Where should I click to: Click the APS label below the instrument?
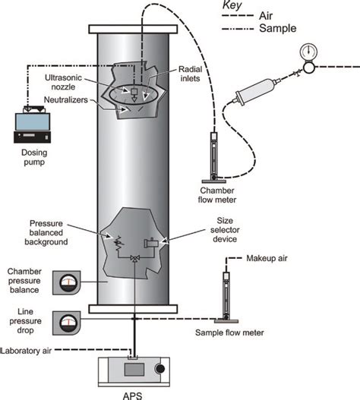pos(132,395)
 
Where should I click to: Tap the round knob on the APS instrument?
pos(159,369)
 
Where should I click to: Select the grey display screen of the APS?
pos(134,370)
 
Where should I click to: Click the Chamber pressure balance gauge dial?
pos(68,283)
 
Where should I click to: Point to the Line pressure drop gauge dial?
pos(68,323)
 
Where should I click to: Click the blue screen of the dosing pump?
pos(33,122)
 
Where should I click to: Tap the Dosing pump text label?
pos(34,157)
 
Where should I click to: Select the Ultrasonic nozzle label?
pos(63,82)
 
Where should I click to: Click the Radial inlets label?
pos(190,74)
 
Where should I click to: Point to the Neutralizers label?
pos(66,99)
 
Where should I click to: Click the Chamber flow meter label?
pos(217,195)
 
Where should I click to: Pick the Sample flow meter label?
pos(229,332)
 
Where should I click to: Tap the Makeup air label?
pos(267,258)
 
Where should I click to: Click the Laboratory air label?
pos(26,351)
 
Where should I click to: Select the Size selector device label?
pos(225,229)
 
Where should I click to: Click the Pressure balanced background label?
pos(46,232)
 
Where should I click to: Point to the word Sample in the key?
pos(278,28)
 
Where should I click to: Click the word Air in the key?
pos(266,16)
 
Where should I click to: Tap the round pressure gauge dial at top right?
pos(308,52)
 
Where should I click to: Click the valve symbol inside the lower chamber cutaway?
pos(134,258)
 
